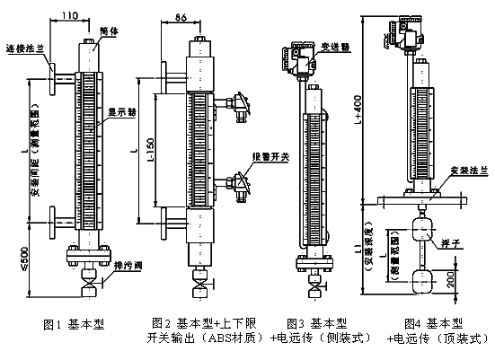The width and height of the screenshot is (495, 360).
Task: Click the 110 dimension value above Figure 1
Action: (x=66, y=15)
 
